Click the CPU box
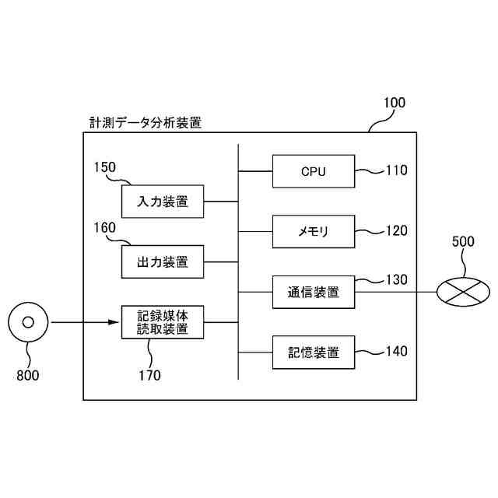[314, 170]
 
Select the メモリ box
[314, 231]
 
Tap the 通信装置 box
[314, 293]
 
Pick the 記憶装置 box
[314, 352]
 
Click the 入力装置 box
[163, 202]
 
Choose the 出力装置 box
[163, 261]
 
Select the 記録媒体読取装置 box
[163, 322]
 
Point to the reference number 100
[395, 102]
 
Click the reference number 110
[396, 170]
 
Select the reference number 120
[396, 231]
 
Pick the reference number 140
[396, 352]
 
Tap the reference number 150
[105, 167]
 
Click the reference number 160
[105, 228]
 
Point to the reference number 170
[149, 376]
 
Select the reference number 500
[463, 241]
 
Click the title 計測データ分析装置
[146, 122]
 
